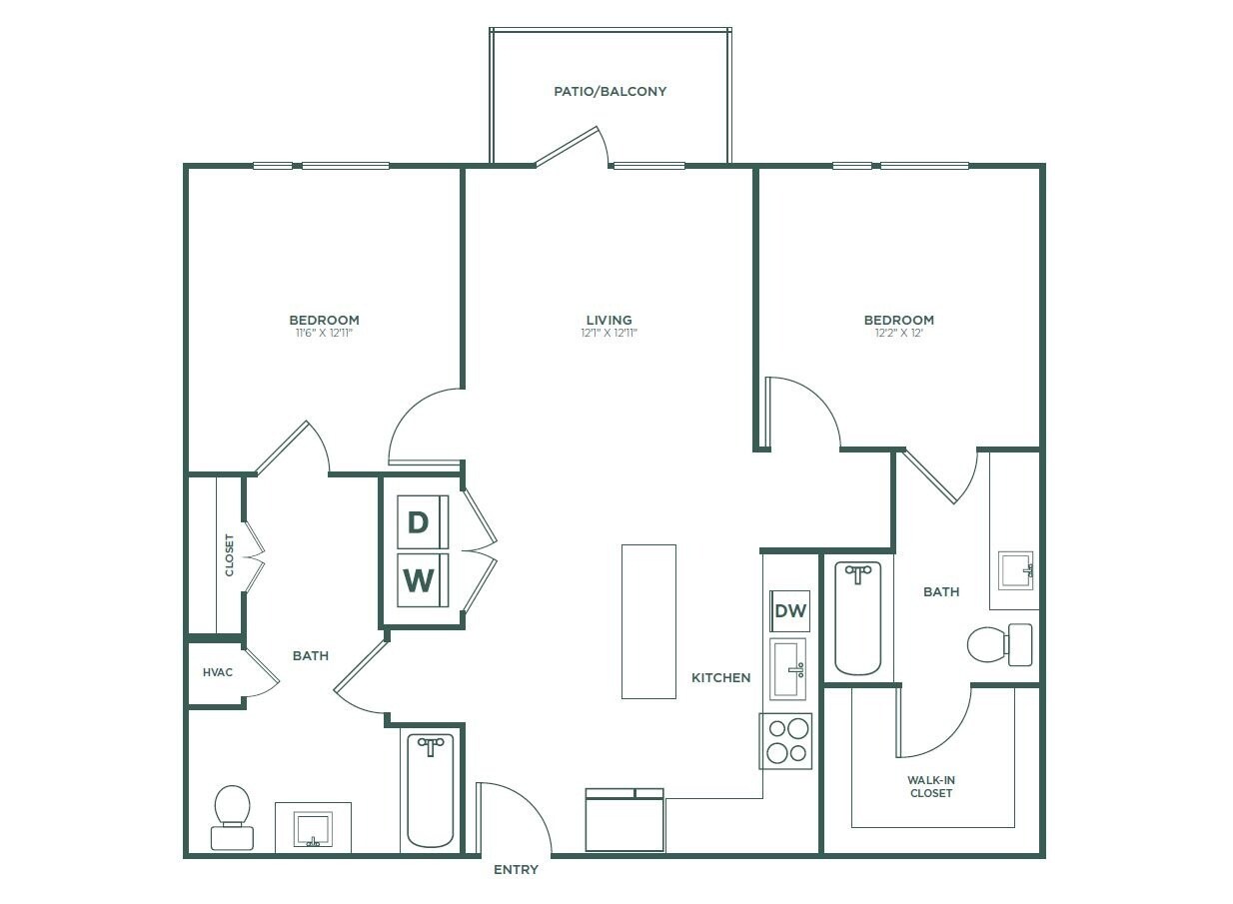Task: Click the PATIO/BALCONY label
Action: click(610, 91)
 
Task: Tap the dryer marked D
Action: click(419, 521)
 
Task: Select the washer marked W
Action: click(419, 579)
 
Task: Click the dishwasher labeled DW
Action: click(790, 611)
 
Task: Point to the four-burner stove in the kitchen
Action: click(785, 741)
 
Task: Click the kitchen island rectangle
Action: click(648, 621)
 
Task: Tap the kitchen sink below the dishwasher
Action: click(788, 669)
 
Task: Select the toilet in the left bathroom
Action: click(232, 817)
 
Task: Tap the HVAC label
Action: click(217, 672)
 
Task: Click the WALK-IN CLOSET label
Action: click(930, 786)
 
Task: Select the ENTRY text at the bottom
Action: click(516, 870)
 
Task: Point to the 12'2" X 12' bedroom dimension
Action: click(898, 334)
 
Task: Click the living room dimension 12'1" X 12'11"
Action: click(610, 334)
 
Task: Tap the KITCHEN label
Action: click(720, 677)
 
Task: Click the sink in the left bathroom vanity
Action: click(313, 829)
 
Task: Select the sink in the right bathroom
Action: click(1015, 570)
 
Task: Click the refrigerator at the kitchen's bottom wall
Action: click(624, 821)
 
